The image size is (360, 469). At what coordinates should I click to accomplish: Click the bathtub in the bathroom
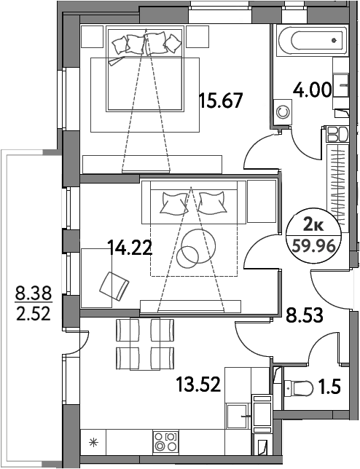coord(310,39)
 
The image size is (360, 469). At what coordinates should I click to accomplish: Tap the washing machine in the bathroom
coord(281,113)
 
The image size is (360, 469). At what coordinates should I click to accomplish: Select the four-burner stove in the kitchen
coord(166,441)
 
